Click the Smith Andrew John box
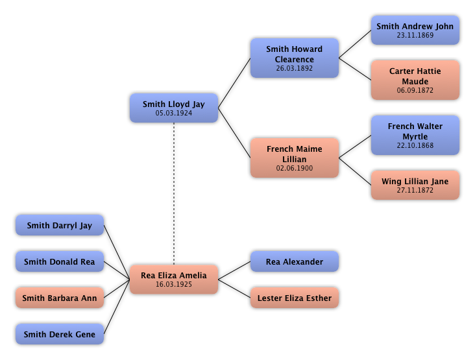click(415, 30)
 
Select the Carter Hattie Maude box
click(415, 80)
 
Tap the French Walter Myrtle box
click(415, 136)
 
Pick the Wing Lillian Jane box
click(415, 186)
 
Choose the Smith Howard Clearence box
click(295, 58)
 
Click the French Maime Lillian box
click(295, 158)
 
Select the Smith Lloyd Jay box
click(174, 108)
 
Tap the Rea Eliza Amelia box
click(174, 280)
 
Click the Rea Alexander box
click(295, 262)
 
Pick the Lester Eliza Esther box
click(295, 298)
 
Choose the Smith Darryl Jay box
click(60, 226)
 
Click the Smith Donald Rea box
click(60, 262)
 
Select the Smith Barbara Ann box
click(60, 298)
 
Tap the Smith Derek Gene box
click(60, 335)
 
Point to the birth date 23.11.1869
click(415, 36)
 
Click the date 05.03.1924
click(174, 114)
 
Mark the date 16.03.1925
click(174, 285)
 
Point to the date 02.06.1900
click(295, 169)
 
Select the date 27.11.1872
click(415, 191)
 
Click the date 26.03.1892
click(295, 69)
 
